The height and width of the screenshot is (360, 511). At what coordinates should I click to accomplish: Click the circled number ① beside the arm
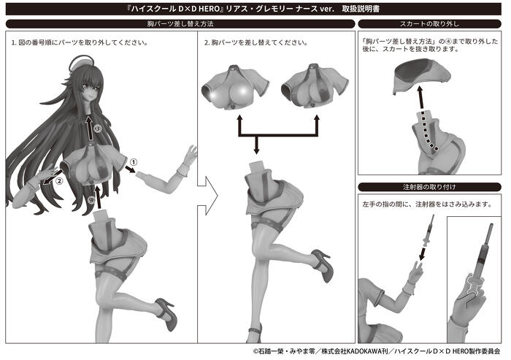pos(134,161)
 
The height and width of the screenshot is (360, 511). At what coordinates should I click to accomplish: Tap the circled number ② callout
pos(59,180)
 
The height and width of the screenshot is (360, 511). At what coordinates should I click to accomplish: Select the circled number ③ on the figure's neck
pos(97,129)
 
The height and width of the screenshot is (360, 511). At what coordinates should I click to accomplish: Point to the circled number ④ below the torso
pos(91,199)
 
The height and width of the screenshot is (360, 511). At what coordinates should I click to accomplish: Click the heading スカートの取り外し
pos(429,24)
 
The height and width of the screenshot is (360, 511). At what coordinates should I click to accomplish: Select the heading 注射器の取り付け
pos(429,187)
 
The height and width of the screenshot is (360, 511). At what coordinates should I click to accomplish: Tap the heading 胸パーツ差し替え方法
pos(180,24)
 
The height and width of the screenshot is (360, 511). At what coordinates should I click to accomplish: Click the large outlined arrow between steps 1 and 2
pos(207,196)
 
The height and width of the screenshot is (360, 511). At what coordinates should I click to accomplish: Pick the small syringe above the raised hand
pos(429,231)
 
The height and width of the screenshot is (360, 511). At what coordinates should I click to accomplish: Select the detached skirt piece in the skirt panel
pos(422,75)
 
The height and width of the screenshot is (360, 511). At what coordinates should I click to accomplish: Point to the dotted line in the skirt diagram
pos(428,131)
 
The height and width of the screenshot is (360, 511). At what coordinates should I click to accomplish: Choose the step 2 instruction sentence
pos(255,42)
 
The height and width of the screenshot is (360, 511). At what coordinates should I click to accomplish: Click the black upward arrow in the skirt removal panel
pos(421,97)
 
